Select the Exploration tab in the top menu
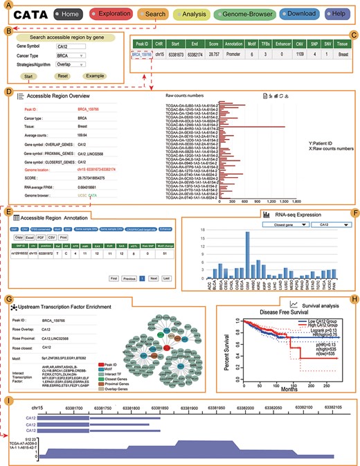[122, 14]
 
